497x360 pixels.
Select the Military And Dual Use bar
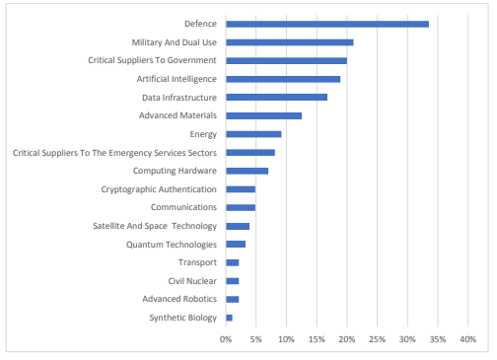tap(290, 42)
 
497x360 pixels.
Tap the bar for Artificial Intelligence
tap(283, 79)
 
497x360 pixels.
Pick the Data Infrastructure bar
tap(276, 97)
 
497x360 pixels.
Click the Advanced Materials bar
tap(263, 115)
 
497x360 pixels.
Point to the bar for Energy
tap(253, 134)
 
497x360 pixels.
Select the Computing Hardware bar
tap(248, 171)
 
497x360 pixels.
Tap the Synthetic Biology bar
tap(230, 318)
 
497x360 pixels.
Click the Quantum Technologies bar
tap(236, 244)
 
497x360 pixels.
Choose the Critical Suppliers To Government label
tap(150, 60)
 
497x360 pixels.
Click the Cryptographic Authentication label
tap(158, 189)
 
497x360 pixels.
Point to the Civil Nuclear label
tap(191, 281)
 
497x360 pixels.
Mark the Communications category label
tap(182, 207)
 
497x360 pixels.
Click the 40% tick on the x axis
tap(467, 339)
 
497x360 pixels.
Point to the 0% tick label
tap(226, 339)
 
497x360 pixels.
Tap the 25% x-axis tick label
tap(377, 339)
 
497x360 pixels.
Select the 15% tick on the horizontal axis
tap(317, 339)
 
